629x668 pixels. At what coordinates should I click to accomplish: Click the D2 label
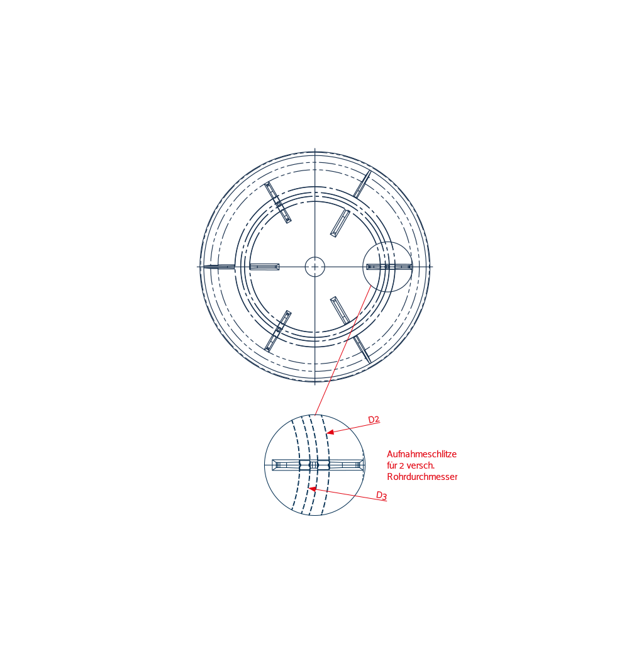click(374, 420)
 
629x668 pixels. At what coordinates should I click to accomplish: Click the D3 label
click(381, 496)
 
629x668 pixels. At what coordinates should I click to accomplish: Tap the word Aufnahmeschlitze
click(421, 454)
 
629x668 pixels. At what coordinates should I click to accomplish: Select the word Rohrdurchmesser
click(422, 477)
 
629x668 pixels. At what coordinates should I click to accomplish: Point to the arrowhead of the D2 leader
click(330, 432)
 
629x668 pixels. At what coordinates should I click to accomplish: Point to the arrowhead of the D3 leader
click(313, 489)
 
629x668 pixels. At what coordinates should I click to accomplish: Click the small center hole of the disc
click(315, 267)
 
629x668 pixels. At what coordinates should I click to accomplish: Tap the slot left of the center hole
click(264, 267)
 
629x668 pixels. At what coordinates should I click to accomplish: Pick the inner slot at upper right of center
click(340, 223)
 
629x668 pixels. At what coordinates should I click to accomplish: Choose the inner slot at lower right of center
click(340, 310)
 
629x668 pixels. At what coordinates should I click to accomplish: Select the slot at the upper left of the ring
click(278, 203)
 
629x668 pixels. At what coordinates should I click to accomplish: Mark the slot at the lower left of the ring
click(278, 331)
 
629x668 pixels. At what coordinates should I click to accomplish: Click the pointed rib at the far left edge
click(219, 267)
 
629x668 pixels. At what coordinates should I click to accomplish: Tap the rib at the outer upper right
click(362, 184)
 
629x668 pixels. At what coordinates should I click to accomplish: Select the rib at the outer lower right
click(362, 350)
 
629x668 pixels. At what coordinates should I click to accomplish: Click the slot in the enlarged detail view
click(318, 465)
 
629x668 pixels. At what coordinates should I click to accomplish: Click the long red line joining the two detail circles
click(342, 350)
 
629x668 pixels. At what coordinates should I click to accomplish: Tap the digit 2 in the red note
click(401, 465)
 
